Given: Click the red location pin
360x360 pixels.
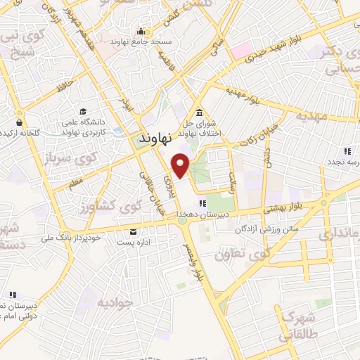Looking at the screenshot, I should pos(181,165).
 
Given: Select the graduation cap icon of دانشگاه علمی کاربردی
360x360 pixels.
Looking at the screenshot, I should pos(83,112).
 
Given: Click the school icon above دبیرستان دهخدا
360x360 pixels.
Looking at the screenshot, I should pos(202,204).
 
